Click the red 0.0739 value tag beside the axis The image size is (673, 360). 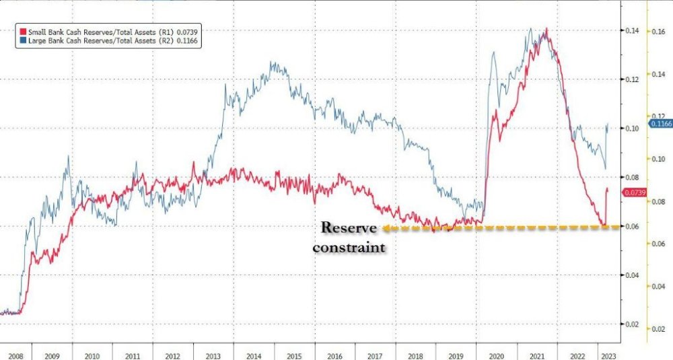(635, 193)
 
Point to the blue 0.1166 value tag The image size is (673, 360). (660, 124)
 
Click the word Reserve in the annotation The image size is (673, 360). (349, 227)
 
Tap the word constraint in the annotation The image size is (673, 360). (352, 247)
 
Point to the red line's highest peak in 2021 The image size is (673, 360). (546, 29)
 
